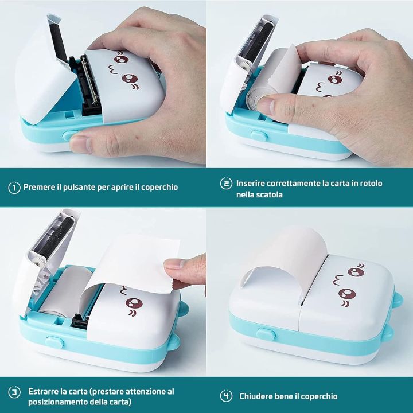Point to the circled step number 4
click(227, 396)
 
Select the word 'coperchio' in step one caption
click(159, 187)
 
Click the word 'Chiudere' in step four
click(258, 396)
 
